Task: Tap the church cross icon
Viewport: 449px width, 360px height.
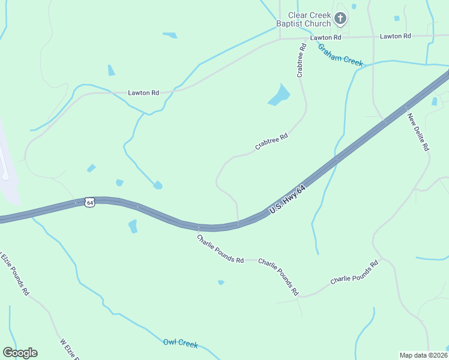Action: coord(340,19)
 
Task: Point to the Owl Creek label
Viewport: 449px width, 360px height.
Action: coord(180,343)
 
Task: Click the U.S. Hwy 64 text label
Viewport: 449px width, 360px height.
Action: coord(288,200)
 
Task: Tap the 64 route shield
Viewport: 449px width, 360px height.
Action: coord(89,202)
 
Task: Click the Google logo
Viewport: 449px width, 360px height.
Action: coord(20,353)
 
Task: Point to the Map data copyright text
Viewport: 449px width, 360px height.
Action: coord(424,355)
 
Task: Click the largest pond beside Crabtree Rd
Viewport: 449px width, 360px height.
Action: coord(279,95)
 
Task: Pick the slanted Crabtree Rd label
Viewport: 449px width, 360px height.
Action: coord(271,141)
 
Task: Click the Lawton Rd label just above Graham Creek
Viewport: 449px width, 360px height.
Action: coord(325,37)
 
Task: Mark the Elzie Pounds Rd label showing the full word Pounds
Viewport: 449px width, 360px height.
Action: coord(14,272)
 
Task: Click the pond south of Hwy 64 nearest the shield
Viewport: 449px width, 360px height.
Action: coord(133,226)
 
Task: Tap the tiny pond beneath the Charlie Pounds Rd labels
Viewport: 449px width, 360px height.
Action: coord(221,282)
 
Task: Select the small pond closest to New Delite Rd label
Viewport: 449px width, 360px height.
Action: coord(434,101)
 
